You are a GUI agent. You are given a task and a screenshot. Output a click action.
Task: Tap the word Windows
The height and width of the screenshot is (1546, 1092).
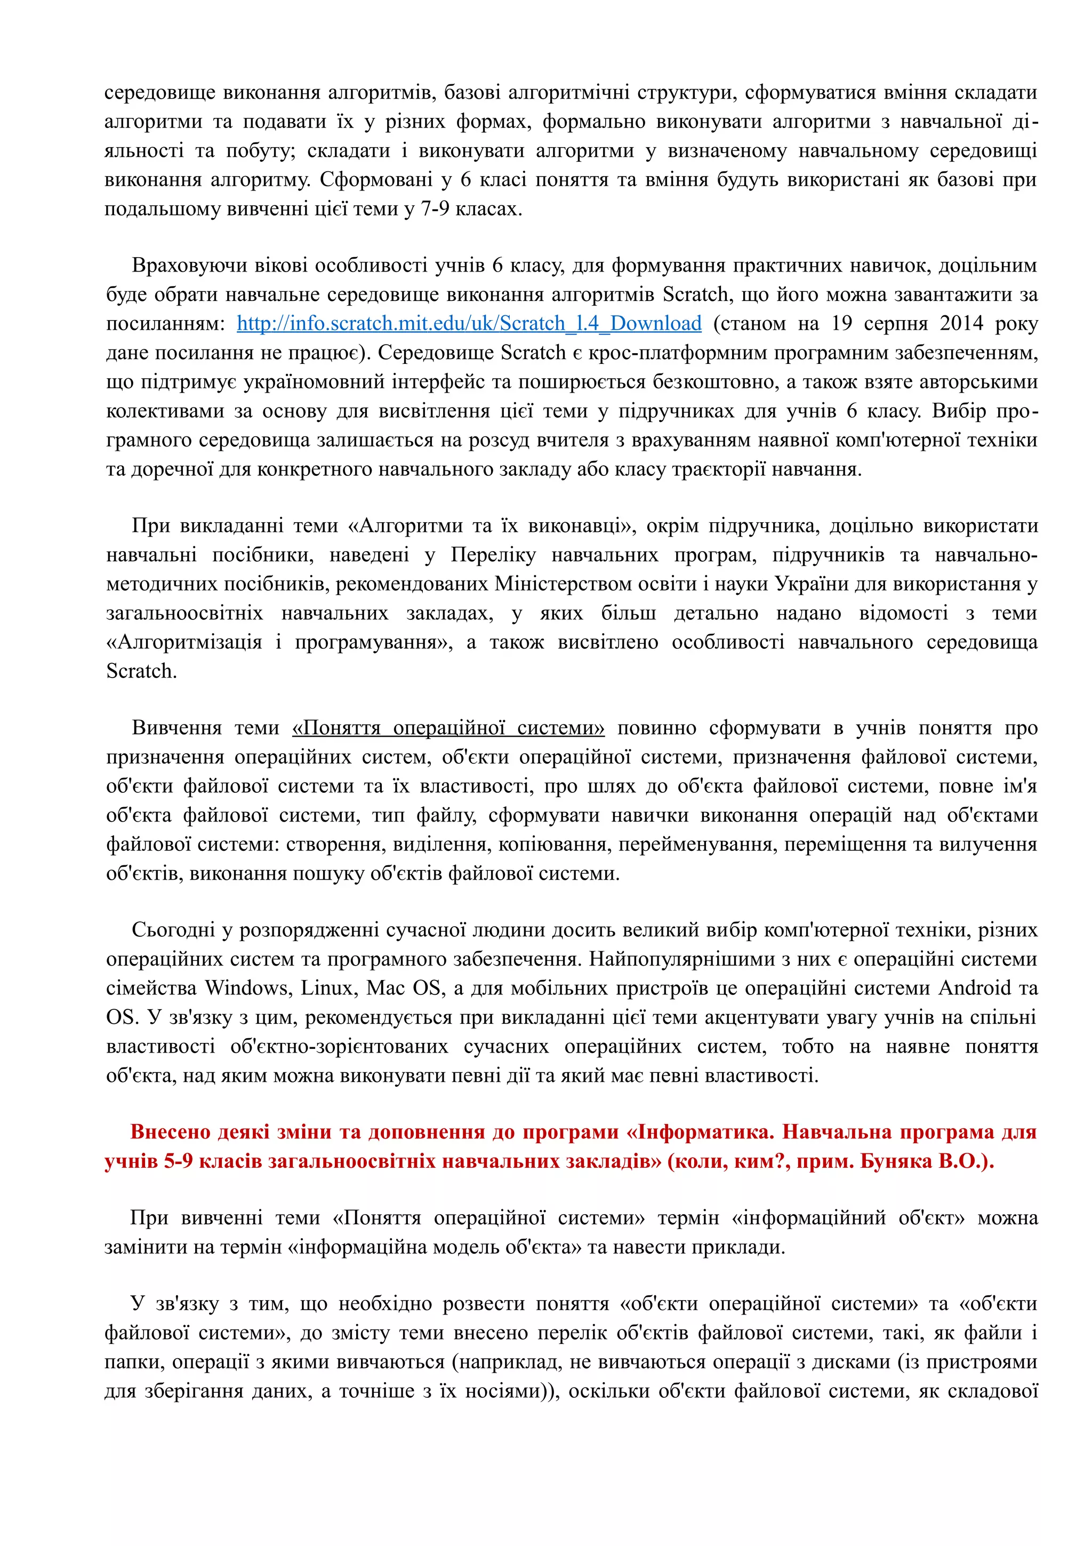(x=247, y=988)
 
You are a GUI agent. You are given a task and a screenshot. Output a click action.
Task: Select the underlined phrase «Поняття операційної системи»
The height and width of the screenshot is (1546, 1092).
(x=448, y=728)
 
